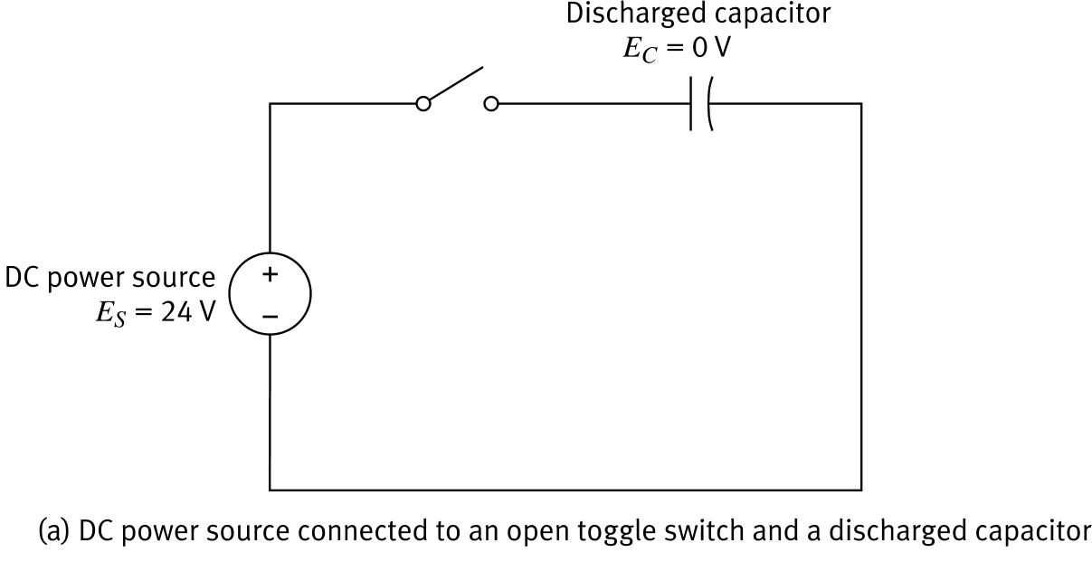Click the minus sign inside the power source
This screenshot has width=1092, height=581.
[271, 316]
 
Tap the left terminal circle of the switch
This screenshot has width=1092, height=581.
[423, 104]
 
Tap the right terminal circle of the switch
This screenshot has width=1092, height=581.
[490, 104]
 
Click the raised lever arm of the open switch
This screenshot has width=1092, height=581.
[455, 84]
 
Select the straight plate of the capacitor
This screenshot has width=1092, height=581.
[693, 104]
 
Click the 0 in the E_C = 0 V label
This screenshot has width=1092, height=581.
[696, 47]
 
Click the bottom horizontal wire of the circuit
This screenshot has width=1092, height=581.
[565, 491]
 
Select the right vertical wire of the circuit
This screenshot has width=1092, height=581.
[861, 299]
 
